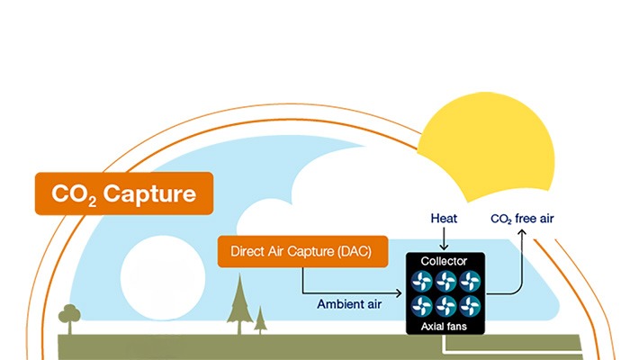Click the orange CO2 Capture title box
[123, 193]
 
